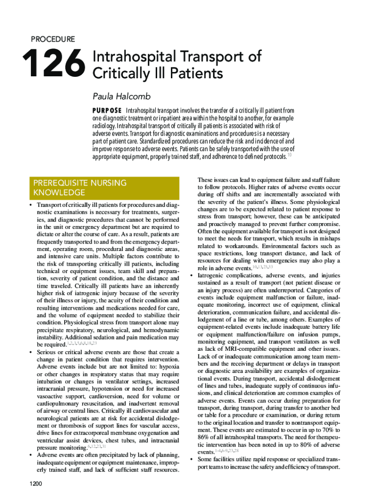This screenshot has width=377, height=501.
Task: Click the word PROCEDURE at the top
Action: point(53,39)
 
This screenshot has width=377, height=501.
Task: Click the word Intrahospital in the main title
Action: point(127,57)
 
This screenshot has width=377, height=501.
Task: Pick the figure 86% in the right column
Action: point(205,437)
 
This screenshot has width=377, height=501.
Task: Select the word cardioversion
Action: point(116,388)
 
